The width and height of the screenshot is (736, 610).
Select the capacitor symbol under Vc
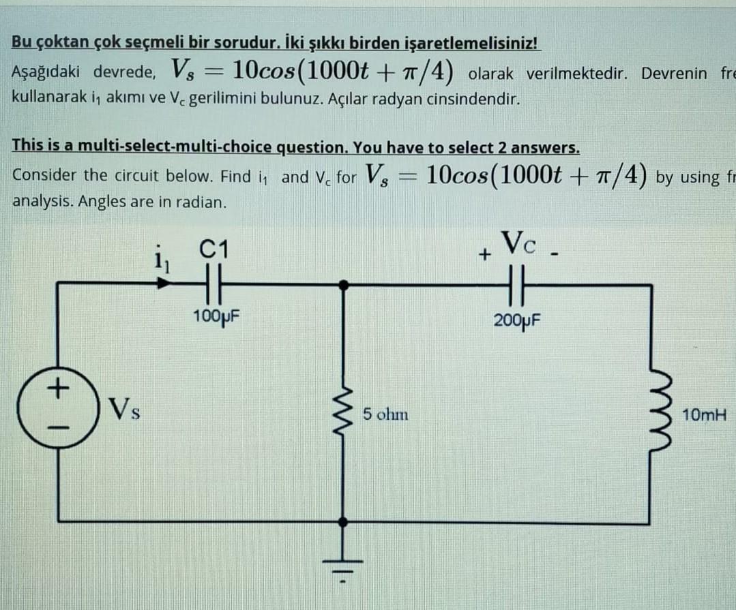(x=517, y=285)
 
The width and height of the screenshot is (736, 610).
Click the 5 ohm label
(x=385, y=414)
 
